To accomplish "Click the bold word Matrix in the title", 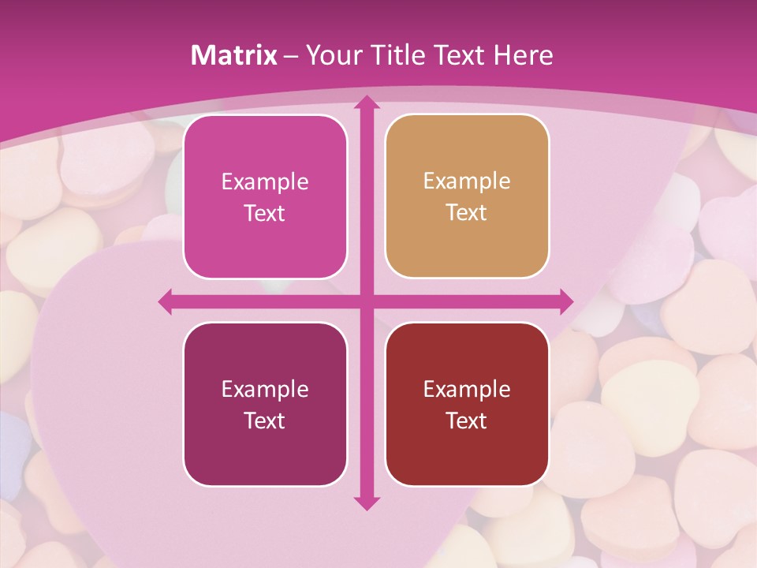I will click(x=234, y=55).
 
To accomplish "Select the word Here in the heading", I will click(x=524, y=55).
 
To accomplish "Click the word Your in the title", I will click(x=333, y=55).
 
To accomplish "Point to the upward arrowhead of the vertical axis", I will click(x=366, y=103).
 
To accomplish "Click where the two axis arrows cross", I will click(x=366, y=301).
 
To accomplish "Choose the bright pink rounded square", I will click(x=265, y=197).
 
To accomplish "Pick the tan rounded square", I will click(x=467, y=196).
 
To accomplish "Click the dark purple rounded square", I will click(x=265, y=404).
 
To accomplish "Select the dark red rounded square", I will click(x=467, y=404).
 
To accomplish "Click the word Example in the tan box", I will click(x=467, y=181).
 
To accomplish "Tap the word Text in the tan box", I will click(x=467, y=213).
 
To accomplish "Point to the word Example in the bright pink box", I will click(x=265, y=182).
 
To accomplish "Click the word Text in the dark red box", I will click(x=467, y=420).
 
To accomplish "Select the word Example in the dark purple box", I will click(x=265, y=389).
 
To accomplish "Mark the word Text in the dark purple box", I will click(x=265, y=420).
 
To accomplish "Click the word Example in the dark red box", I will click(x=467, y=389).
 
